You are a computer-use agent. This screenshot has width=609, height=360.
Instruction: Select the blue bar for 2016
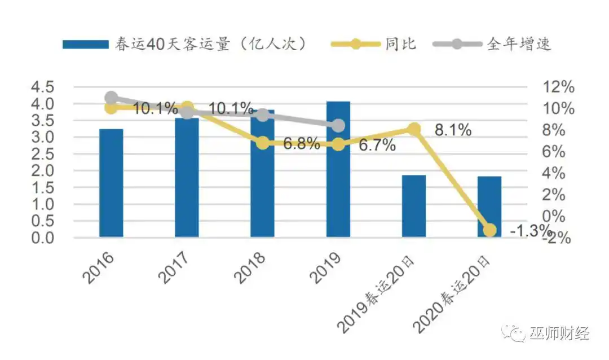click(111, 183)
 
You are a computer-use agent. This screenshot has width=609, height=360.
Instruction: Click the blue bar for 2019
click(338, 169)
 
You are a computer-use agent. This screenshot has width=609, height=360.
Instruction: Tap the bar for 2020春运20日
click(489, 207)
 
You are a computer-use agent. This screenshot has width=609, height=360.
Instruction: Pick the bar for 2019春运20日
click(414, 206)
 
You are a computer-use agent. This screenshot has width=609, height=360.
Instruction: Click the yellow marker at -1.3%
click(489, 230)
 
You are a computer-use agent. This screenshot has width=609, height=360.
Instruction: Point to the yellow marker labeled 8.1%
click(414, 129)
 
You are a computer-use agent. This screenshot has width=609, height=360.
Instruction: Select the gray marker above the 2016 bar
click(111, 97)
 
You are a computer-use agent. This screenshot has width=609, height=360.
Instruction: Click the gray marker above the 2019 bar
click(338, 125)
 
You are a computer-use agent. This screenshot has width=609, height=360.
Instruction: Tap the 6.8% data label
click(301, 144)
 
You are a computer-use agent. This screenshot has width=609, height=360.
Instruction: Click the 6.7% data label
click(377, 146)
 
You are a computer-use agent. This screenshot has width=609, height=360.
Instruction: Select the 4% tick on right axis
click(555, 173)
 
